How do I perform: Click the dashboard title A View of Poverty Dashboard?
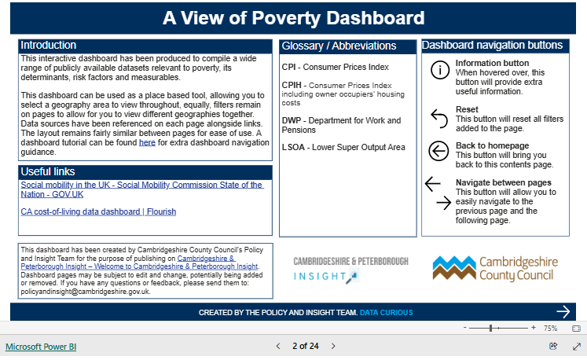(x=293, y=18)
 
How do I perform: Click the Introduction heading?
(x=49, y=46)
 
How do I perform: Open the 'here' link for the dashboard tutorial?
(x=147, y=142)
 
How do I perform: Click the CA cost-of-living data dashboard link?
(x=98, y=211)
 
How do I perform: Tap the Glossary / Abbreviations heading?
(x=339, y=46)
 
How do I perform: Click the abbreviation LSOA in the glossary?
(x=294, y=147)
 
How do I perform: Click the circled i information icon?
(x=439, y=70)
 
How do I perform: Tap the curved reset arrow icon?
(x=439, y=116)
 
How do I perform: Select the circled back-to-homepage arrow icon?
(x=439, y=150)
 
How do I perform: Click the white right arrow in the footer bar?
(x=563, y=312)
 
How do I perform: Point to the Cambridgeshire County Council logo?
(x=494, y=268)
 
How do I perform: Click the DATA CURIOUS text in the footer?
(x=385, y=313)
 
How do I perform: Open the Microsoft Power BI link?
(x=41, y=346)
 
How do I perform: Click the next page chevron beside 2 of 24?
(x=333, y=346)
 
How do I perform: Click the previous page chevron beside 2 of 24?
(x=277, y=346)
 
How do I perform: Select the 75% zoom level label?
(x=550, y=328)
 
